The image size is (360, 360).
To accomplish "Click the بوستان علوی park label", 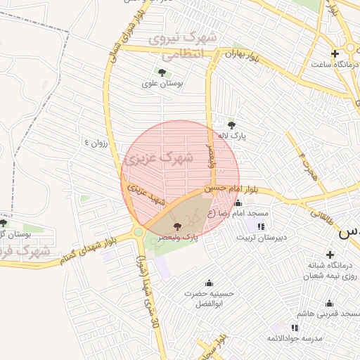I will (x=162, y=83).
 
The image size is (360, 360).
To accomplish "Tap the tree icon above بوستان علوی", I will (x=162, y=72).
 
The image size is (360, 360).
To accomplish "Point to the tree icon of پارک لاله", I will (x=231, y=125).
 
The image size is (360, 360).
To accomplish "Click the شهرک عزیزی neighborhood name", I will (x=160, y=159).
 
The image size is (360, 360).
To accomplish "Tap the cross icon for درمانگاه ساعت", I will (x=335, y=53).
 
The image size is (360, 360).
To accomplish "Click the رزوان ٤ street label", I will (x=98, y=141).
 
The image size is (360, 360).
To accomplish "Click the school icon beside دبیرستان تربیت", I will (x=262, y=226).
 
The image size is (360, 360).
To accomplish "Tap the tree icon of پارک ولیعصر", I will (x=176, y=226).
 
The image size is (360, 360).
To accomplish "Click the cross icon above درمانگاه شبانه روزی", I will (x=329, y=255).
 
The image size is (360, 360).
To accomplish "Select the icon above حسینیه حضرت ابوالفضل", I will (x=210, y=281).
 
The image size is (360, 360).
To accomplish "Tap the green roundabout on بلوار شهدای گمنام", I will (x=139, y=231).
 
